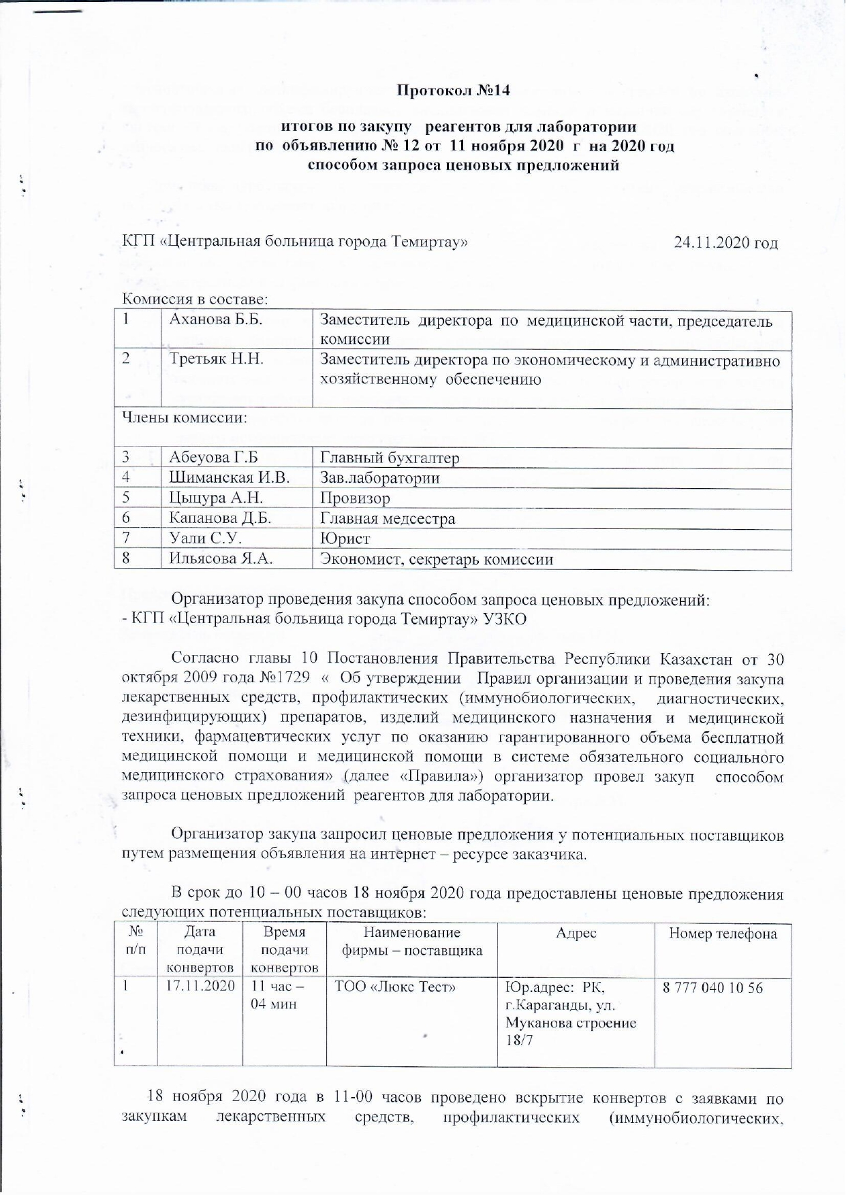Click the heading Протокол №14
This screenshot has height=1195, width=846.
[x=453, y=91]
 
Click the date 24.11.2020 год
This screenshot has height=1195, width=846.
[x=725, y=242]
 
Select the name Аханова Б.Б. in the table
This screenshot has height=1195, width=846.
[x=216, y=319]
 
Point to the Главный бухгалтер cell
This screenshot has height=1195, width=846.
[x=390, y=458]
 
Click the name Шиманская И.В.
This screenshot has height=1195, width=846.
[x=230, y=478]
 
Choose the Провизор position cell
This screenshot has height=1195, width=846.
[x=355, y=498]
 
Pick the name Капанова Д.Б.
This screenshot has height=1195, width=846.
[x=220, y=519]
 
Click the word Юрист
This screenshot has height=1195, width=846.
[x=345, y=539]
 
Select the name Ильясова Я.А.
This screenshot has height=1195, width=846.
[x=221, y=560]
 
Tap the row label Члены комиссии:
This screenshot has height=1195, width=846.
[x=184, y=417]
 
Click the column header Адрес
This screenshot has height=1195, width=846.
[x=576, y=933]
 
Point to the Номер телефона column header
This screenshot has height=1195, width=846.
[x=723, y=934]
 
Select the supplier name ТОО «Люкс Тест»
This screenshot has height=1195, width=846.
[x=395, y=987]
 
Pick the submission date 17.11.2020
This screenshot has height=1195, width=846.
[x=200, y=986]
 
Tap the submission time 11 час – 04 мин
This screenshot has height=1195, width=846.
[x=277, y=995]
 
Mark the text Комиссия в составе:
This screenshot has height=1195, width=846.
[x=195, y=298]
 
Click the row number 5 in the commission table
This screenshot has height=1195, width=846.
[x=127, y=498]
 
